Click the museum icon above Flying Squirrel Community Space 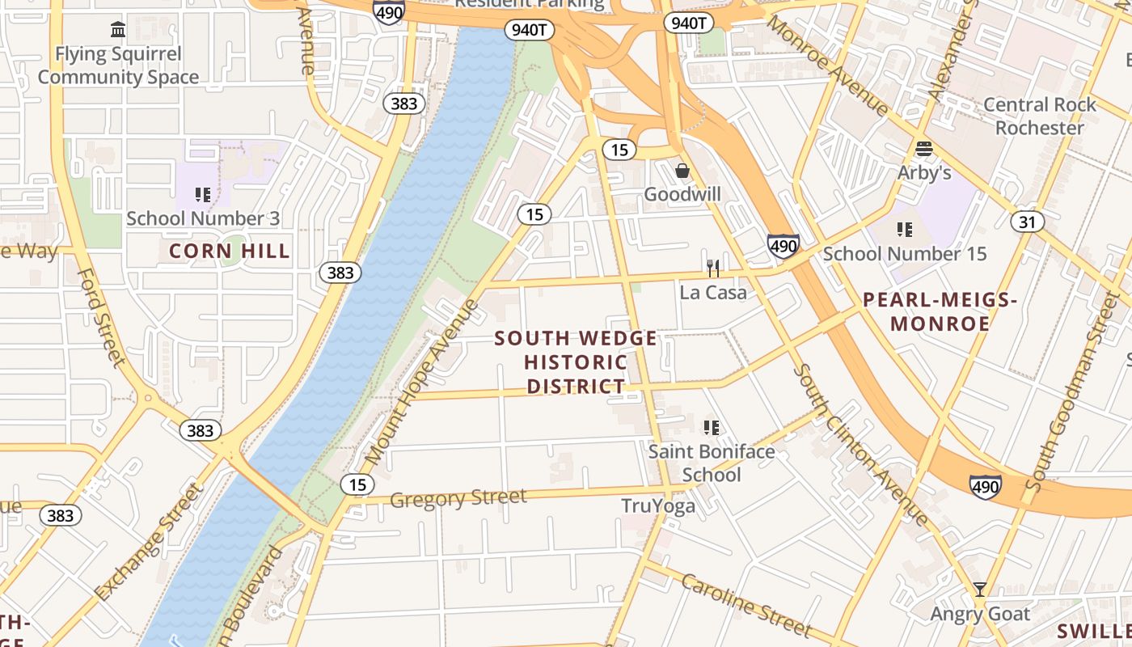click(118, 30)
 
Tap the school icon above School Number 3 click(203, 195)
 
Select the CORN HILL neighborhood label click(230, 252)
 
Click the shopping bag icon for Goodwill click(682, 171)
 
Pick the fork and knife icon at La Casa click(712, 268)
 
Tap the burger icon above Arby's click(924, 149)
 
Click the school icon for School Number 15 click(905, 230)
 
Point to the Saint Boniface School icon click(712, 427)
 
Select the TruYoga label click(658, 506)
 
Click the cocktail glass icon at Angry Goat click(980, 590)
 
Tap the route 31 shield click(1028, 222)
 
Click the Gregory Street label click(458, 498)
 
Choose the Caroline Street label click(745, 605)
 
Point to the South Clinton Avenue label click(860, 444)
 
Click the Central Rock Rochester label click(1039, 116)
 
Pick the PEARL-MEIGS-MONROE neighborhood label click(940, 312)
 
